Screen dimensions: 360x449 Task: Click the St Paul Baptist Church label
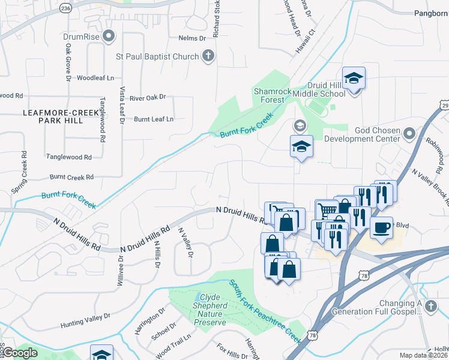click(157, 57)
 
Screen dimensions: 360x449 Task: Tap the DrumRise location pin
click(109, 37)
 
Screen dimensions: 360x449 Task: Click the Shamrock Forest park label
click(272, 96)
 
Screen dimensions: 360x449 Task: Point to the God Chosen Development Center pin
click(410, 133)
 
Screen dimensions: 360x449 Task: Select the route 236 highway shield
click(66, 8)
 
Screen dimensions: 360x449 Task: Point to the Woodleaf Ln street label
click(95, 78)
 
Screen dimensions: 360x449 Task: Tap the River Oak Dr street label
click(147, 97)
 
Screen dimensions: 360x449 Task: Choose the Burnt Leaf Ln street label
click(153, 119)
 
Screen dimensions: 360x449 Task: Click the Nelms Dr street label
click(192, 38)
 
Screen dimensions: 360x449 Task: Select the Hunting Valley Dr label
click(86, 320)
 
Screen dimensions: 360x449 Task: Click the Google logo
click(20, 353)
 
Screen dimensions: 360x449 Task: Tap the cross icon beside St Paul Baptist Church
click(208, 57)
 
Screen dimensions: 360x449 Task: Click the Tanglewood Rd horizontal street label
click(69, 157)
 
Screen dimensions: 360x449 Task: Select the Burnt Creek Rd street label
click(71, 177)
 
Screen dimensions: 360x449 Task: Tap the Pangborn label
click(430, 13)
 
